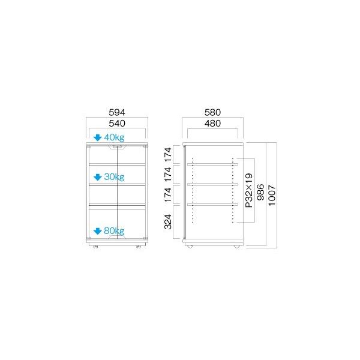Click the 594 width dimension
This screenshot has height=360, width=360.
117,113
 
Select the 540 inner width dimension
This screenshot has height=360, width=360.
117,124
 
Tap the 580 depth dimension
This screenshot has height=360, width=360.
212,113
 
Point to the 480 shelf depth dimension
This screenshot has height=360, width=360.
212,124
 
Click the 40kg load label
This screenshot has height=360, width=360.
114,137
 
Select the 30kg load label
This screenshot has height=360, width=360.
114,177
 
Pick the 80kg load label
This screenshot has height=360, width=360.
114,231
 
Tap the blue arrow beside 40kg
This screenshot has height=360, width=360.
98,138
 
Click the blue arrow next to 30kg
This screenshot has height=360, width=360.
98,177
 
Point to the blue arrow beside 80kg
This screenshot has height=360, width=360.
98,231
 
